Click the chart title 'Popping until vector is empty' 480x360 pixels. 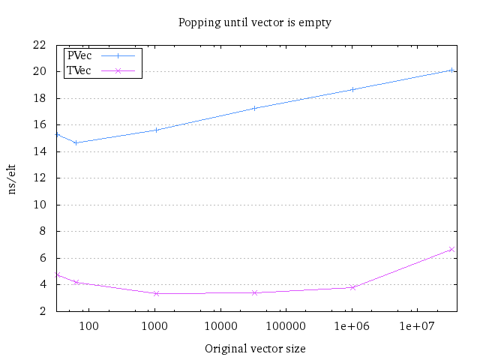pos(254,22)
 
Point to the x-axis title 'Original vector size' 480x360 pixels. pos(255,349)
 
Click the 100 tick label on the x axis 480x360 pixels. pos(89,326)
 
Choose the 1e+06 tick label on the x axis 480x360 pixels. pos(352,326)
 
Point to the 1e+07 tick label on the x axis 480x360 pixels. pos(418,326)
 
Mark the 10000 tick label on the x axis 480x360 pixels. pos(220,326)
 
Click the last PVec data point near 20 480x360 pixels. pos(451,70)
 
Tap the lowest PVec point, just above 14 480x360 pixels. pos(76,142)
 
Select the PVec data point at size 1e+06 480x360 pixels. pos(352,89)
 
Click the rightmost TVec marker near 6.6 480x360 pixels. pos(451,249)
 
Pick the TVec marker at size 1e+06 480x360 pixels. pos(352,287)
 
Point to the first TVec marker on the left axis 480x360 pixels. pos(56,274)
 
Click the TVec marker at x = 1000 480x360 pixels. pos(156,293)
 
